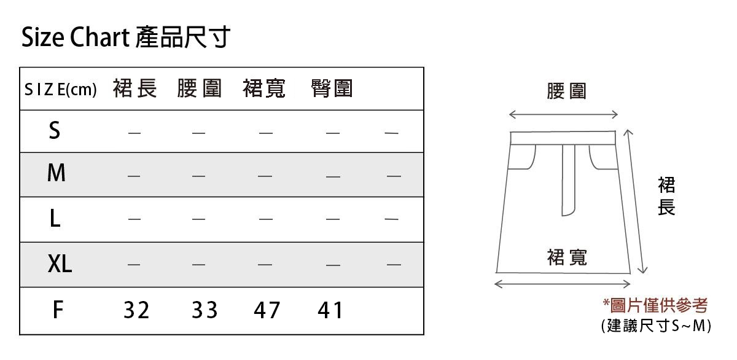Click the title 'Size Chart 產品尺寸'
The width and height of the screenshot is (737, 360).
(x=126, y=38)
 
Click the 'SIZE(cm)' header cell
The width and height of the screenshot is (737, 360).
(x=61, y=90)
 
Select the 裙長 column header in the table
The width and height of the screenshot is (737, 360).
(x=135, y=89)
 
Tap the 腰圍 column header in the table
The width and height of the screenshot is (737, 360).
(x=199, y=89)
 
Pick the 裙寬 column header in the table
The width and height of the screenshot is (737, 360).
(x=265, y=89)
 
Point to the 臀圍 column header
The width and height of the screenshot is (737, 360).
(x=332, y=89)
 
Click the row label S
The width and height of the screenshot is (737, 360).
(x=55, y=130)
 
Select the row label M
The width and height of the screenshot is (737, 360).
(x=56, y=174)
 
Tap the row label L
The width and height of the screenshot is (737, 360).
(x=55, y=219)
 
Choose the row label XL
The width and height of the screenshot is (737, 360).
(x=60, y=264)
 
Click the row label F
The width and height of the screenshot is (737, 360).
(x=57, y=310)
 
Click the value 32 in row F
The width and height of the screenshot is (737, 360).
(x=136, y=311)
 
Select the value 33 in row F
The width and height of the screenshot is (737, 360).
(x=205, y=311)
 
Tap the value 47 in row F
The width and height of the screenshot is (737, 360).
(x=267, y=311)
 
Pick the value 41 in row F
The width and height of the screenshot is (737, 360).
(x=330, y=311)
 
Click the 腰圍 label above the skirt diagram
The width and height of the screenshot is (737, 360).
(x=566, y=92)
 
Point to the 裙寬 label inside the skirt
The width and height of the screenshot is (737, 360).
(x=566, y=257)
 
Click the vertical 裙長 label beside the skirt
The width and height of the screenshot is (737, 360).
(x=666, y=196)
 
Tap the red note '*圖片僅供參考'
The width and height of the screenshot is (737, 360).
(x=655, y=305)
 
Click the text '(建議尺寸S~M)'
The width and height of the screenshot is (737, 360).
(x=655, y=326)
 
